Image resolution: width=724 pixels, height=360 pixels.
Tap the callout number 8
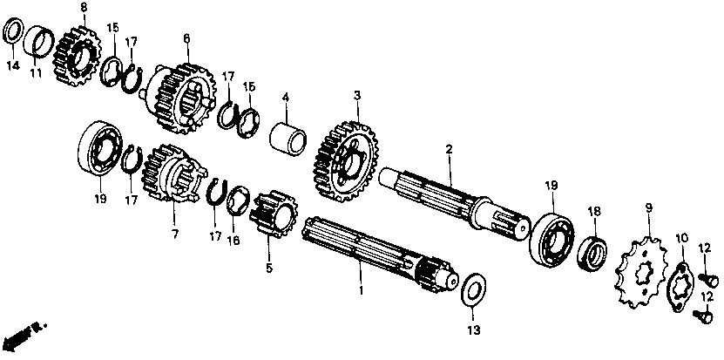(84, 8)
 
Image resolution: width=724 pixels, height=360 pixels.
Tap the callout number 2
(449, 149)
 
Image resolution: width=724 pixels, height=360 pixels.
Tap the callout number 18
(594, 211)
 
